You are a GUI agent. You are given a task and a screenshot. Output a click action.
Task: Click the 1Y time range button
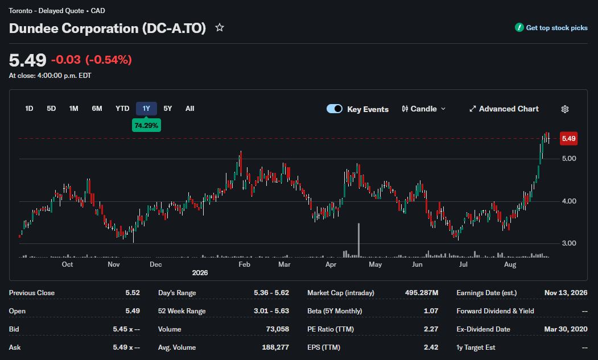pos(146,109)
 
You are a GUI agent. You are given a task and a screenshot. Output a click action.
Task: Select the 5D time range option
pos(51,109)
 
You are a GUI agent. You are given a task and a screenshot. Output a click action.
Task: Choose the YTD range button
pos(122,109)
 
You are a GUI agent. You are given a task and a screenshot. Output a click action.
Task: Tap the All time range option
pos(190,109)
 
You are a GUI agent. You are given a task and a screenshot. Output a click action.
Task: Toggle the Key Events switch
pos(335,109)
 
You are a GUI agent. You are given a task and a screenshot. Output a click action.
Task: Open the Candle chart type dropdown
pos(423,109)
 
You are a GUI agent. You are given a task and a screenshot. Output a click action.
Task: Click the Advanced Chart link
pos(504,109)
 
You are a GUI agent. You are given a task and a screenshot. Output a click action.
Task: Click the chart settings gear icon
pos(565,109)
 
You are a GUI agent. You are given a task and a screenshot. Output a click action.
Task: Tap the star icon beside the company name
pos(219,27)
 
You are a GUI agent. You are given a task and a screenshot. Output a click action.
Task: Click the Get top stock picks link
pos(551,27)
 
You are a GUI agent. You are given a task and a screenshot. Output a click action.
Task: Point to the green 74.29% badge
pos(146,126)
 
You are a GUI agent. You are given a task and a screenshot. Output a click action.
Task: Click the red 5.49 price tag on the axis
pos(568,138)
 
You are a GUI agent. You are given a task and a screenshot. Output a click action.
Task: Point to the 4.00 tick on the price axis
pos(569,201)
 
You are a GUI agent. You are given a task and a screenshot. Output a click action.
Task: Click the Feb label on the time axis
pos(244,264)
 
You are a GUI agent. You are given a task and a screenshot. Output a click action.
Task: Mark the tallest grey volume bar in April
pos(359,240)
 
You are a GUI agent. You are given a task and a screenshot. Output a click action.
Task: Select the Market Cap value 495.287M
pos(422,293)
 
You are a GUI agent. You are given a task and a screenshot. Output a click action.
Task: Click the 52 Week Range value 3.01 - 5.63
pos(271,311)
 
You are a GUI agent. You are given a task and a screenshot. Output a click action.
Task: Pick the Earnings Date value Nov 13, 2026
pos(566,293)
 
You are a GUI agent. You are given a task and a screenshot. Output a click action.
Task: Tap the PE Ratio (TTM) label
pos(330,329)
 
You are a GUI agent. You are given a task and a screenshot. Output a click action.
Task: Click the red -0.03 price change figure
pos(66,60)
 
